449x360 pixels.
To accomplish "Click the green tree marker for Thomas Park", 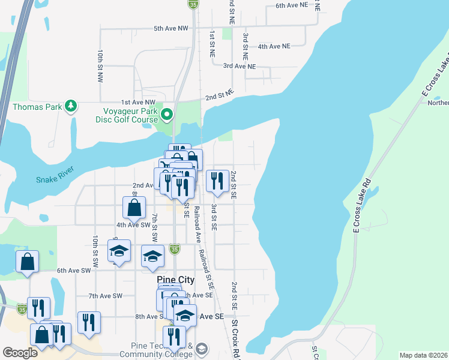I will [x=71, y=106].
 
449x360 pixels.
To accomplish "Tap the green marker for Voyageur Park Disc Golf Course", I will [x=167, y=113].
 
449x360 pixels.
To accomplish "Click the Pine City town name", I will [x=175, y=280].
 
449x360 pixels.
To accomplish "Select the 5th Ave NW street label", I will [x=170, y=28].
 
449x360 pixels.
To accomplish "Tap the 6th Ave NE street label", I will [x=292, y=5].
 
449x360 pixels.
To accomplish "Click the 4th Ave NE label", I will [x=273, y=46].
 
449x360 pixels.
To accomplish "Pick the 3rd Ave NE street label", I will [x=239, y=66].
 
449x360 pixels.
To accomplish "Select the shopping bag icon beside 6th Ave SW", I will [x=28, y=262].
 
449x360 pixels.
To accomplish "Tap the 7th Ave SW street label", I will [x=106, y=296].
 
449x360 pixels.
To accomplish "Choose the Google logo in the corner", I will [x=20, y=353].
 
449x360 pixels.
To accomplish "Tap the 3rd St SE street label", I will [x=214, y=217].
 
